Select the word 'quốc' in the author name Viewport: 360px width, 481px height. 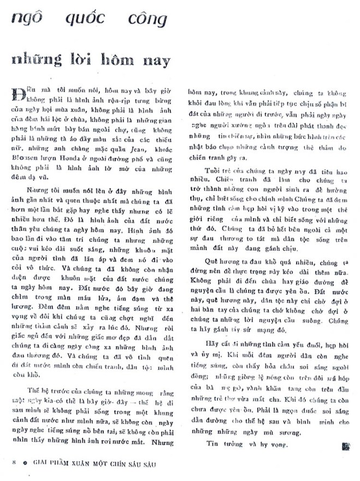coord(85,19)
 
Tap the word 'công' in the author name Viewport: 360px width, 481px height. coord(145,19)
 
